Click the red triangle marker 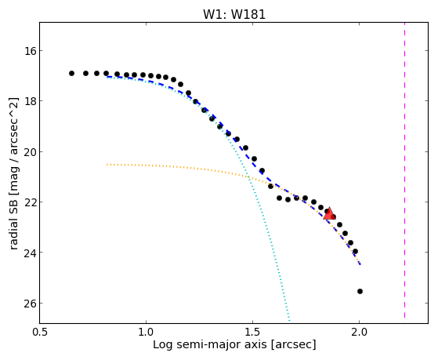(329, 213)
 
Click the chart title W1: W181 (234, 14)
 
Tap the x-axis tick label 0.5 (40, 333)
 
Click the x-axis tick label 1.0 (146, 333)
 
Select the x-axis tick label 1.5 (252, 333)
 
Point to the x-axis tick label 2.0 (359, 333)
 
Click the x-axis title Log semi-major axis (210, 344)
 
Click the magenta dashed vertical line (404, 170)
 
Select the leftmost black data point (71, 73)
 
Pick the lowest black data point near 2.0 (360, 292)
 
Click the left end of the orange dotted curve (107, 165)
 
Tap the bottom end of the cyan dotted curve (289, 320)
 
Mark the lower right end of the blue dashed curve (360, 264)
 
